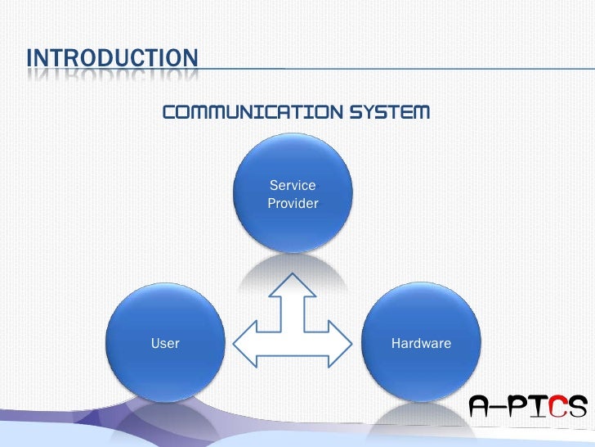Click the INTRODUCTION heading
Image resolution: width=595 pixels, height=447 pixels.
pyautogui.click(x=112, y=59)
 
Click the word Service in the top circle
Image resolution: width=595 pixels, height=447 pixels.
pyautogui.click(x=293, y=186)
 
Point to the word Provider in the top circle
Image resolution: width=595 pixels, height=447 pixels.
pyautogui.click(x=293, y=204)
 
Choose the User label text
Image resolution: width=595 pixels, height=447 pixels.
pyautogui.click(x=165, y=343)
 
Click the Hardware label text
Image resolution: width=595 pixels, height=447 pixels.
pyautogui.click(x=421, y=343)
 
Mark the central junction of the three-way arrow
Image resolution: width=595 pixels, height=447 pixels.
pyautogui.click(x=293, y=342)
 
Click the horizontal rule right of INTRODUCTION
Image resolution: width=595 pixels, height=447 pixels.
pyautogui.click(x=392, y=69)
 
